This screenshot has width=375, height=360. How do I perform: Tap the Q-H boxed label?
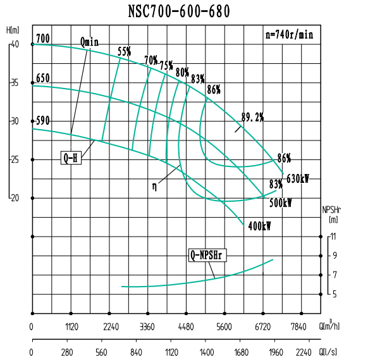(x=71, y=158)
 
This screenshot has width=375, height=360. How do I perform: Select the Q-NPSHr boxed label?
(x=209, y=256)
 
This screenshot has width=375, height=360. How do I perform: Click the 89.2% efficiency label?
(x=252, y=117)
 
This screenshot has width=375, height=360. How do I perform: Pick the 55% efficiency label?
(x=125, y=52)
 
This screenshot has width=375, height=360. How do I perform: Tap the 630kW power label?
(x=298, y=179)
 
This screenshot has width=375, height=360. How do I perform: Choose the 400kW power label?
(x=260, y=226)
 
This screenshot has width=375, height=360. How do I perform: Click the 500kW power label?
(x=280, y=203)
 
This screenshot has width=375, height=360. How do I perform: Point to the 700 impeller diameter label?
(x=43, y=38)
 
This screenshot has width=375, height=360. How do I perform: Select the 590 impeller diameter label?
(x=43, y=120)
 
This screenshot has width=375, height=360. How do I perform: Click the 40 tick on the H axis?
(x=15, y=44)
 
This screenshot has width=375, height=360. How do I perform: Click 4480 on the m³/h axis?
(x=186, y=327)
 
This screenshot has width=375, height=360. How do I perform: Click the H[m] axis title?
(x=12, y=30)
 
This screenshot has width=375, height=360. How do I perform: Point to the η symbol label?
(x=154, y=186)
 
